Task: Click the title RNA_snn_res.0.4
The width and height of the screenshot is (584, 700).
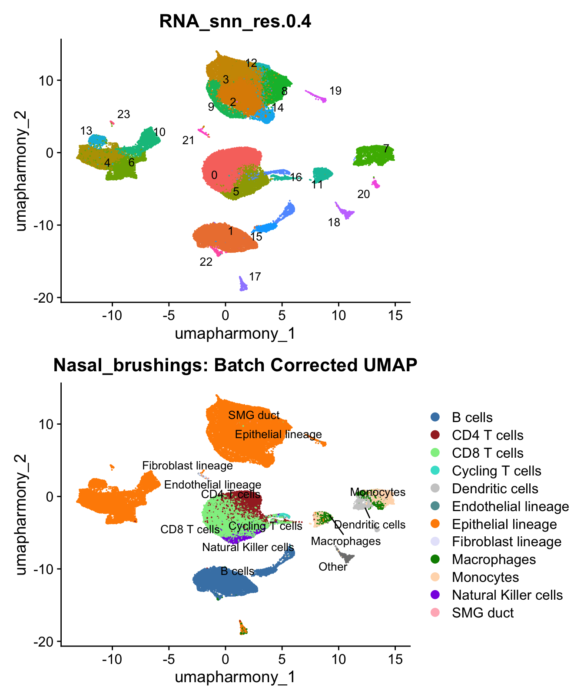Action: coord(235,21)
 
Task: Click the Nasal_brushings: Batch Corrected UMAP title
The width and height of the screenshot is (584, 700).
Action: coord(235,365)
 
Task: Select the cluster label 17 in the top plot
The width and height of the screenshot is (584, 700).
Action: coord(255,277)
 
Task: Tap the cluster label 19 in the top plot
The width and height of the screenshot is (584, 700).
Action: coord(335,91)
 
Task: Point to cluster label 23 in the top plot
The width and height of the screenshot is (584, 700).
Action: coord(124,114)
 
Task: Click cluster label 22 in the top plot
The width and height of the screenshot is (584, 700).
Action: coord(206,262)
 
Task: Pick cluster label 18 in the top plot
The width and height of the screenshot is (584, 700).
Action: coord(334,223)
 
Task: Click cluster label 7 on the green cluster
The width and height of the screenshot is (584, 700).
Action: coord(385,149)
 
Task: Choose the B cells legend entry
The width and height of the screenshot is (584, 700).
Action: coord(472,418)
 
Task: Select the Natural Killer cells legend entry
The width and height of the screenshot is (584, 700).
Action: coord(507,595)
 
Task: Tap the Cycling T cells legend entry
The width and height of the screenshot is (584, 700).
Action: coord(496,471)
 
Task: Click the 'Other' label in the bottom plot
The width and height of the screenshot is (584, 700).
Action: coord(333,567)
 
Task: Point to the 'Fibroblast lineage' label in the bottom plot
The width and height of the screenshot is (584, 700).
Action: coord(188,466)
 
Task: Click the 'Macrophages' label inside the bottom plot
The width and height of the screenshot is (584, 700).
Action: coord(346,541)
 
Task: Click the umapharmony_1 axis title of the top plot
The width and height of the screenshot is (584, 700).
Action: coord(235,333)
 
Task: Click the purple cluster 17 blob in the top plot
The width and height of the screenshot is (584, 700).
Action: coord(243,284)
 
